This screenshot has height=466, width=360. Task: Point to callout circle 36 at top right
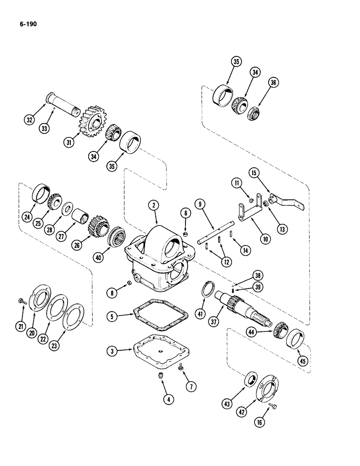coord(273,82)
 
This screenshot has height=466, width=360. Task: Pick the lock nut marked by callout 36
coord(257,113)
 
